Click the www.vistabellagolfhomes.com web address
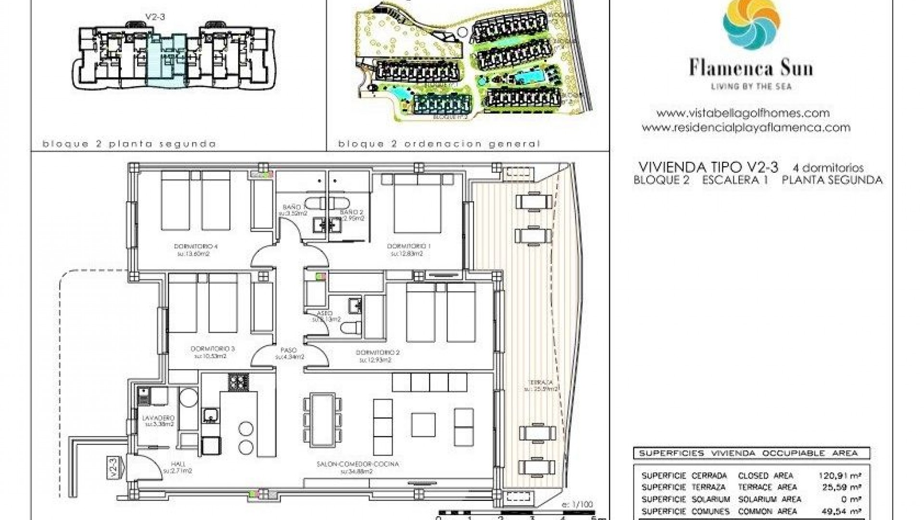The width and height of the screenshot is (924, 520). [x=743, y=113]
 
